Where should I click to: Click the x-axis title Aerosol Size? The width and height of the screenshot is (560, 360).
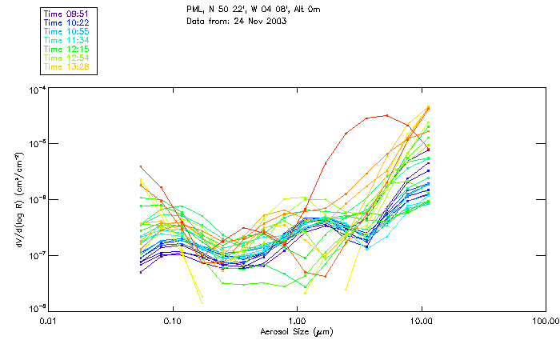tap(297, 330)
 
